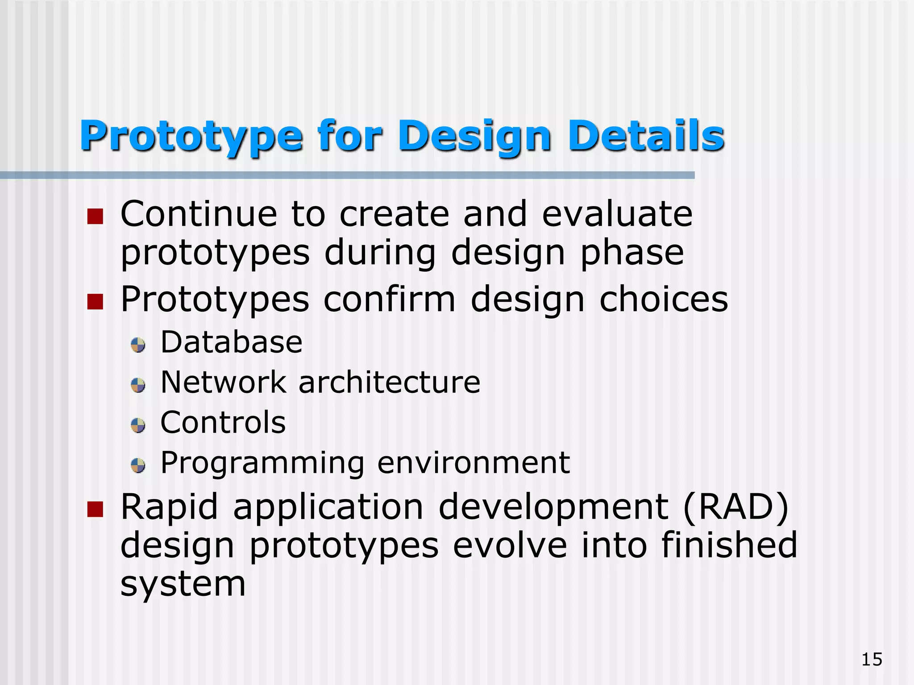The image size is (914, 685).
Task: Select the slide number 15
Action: click(x=872, y=659)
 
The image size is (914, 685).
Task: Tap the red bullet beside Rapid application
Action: click(x=95, y=509)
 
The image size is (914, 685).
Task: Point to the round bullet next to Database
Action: click(x=138, y=345)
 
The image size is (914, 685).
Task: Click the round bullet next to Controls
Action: click(x=138, y=425)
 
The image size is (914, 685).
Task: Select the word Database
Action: click(x=231, y=342)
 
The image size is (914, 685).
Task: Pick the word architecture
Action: click(x=389, y=383)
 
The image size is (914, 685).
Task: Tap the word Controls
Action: click(x=223, y=422)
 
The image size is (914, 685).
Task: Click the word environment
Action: click(x=474, y=463)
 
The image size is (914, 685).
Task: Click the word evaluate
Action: click(x=617, y=214)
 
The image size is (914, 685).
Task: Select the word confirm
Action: click(x=389, y=299)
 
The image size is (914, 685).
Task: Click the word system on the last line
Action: click(x=183, y=584)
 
